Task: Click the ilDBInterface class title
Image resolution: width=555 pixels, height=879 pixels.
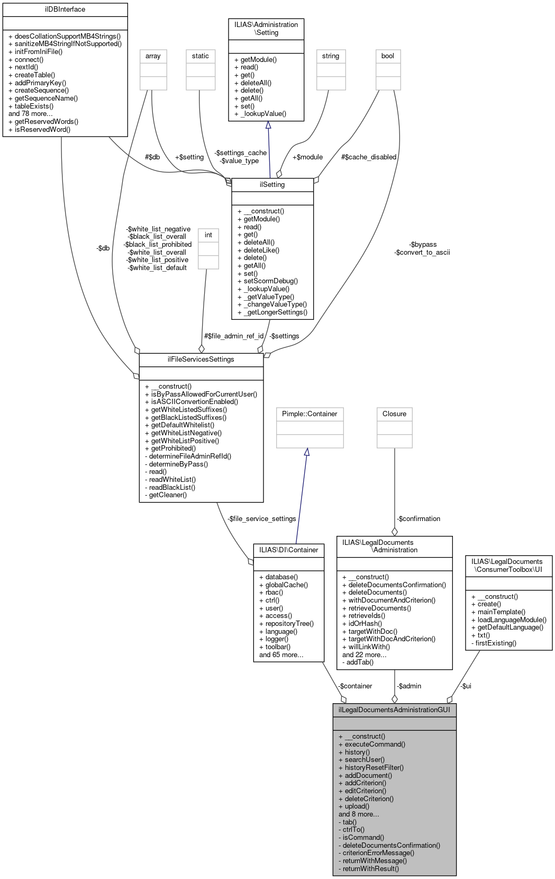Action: tap(65, 10)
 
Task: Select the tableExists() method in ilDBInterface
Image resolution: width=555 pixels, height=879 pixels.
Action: tap(34, 106)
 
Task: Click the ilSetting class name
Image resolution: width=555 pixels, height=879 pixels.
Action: tap(272, 185)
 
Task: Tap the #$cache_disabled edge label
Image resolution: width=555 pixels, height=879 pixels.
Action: tap(369, 157)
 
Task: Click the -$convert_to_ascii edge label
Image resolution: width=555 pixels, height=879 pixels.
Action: tap(422, 253)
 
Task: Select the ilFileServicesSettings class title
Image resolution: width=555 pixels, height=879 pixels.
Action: tap(201, 360)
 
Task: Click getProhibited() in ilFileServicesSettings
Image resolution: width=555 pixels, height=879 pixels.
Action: tap(173, 449)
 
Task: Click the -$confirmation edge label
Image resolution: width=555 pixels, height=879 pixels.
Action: tap(418, 519)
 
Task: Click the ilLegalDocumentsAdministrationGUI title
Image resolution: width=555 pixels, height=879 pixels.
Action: tap(394, 710)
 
